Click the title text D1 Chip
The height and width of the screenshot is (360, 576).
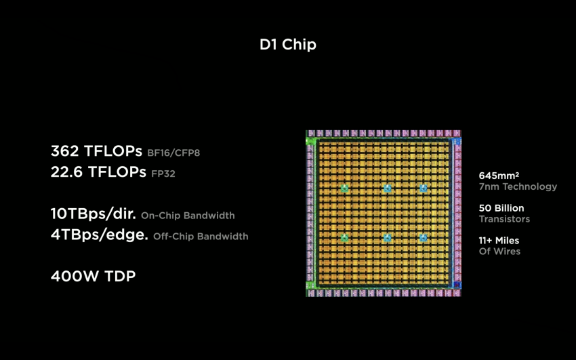(287, 45)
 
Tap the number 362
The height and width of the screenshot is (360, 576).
(64, 151)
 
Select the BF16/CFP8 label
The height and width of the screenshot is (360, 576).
(173, 153)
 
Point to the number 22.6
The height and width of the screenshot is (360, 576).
(66, 172)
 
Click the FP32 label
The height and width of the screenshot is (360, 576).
(163, 174)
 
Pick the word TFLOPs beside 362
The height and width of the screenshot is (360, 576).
(113, 151)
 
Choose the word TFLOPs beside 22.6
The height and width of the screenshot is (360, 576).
(117, 172)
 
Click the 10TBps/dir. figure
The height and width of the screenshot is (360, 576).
(94, 214)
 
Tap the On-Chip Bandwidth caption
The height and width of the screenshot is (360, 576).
(188, 216)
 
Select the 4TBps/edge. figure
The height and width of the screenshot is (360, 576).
(100, 235)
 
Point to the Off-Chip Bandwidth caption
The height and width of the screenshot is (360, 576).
(201, 236)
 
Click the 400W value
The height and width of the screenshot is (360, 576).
(75, 276)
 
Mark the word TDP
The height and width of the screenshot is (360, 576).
(120, 276)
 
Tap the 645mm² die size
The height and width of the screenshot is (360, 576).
(499, 176)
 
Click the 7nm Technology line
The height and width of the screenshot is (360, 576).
(518, 187)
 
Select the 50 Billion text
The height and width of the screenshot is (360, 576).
(501, 208)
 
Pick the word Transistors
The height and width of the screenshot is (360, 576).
(504, 219)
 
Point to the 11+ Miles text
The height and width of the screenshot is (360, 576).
(499, 241)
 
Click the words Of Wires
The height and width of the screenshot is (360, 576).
(499, 252)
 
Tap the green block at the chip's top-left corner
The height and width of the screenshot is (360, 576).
(310, 141)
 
